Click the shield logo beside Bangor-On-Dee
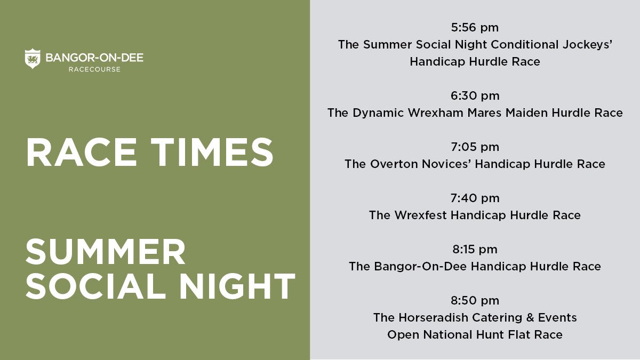[33, 59]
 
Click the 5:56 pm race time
[475, 28]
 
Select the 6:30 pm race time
[475, 96]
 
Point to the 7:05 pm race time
[475, 147]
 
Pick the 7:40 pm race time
[475, 198]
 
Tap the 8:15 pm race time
[475, 249]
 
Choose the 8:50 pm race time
[475, 301]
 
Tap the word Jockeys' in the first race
[587, 45]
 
